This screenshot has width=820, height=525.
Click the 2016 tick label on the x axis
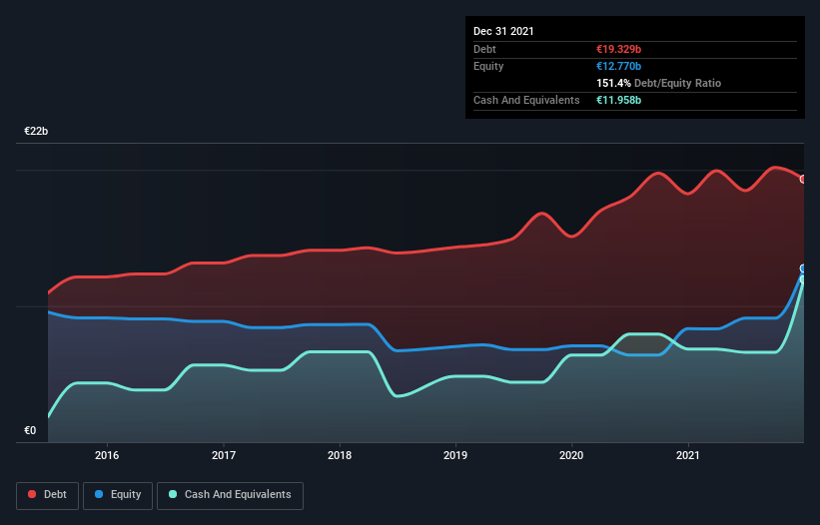[107, 455]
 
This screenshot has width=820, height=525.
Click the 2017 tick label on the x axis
[224, 455]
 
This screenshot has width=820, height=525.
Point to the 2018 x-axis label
[340, 455]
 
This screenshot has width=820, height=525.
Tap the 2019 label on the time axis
[455, 455]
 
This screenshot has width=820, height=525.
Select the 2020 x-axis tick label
[572, 455]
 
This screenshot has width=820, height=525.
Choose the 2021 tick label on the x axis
[688, 455]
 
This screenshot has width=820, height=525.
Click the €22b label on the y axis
[37, 132]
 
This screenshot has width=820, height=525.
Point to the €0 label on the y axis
[30, 431]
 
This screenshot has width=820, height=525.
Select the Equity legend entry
[118, 494]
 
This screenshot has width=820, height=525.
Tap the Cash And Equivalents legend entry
[230, 494]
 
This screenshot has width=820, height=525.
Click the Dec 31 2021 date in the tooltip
[503, 31]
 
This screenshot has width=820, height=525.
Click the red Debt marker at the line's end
[802, 179]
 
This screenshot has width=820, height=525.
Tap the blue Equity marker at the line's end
[802, 268]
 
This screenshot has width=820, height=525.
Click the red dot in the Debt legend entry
[32, 494]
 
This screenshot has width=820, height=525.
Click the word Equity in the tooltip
[488, 66]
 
